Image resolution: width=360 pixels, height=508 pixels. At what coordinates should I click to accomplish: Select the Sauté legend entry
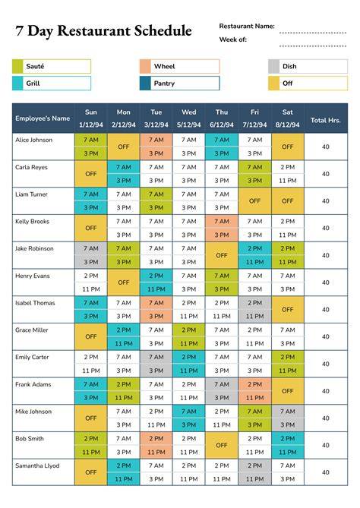pyautogui.click(x=52, y=66)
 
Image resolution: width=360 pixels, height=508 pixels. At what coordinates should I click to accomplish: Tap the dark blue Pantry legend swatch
pyautogui.click(x=145, y=84)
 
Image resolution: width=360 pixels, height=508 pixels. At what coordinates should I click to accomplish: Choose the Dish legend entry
pyautogui.click(x=308, y=66)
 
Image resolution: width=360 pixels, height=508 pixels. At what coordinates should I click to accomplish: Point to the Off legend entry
pyautogui.click(x=308, y=84)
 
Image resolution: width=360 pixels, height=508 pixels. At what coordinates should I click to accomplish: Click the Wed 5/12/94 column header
pyautogui.click(x=189, y=118)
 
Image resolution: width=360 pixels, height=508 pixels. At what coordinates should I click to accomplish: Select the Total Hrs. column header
pyautogui.click(x=326, y=120)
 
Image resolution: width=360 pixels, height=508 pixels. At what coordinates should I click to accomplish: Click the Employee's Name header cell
pyautogui.click(x=43, y=118)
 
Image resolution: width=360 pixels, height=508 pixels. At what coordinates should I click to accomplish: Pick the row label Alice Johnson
pyautogui.click(x=33, y=140)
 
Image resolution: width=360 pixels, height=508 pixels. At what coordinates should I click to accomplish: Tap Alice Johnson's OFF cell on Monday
pyautogui.click(x=124, y=147)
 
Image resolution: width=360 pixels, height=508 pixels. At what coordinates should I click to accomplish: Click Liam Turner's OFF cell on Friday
pyautogui.click(x=254, y=201)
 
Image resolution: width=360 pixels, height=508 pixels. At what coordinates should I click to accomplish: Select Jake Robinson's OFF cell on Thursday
pyautogui.click(x=222, y=255)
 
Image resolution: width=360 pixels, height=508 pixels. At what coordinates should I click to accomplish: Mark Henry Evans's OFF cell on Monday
pyautogui.click(x=124, y=282)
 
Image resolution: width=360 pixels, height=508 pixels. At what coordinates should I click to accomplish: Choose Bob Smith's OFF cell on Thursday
pyautogui.click(x=222, y=445)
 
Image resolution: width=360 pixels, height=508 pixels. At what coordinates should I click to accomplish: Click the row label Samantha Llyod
pyautogui.click(x=37, y=465)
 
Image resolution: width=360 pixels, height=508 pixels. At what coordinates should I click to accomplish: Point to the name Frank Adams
pyautogui.click(x=33, y=384)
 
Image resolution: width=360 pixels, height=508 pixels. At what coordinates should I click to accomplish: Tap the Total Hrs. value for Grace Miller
pyautogui.click(x=326, y=336)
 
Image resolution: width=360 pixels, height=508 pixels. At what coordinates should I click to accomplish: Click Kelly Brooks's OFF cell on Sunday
pyautogui.click(x=91, y=228)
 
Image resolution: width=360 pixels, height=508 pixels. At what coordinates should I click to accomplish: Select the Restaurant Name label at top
pyautogui.click(x=247, y=26)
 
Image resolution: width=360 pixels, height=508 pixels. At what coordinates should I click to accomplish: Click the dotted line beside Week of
pyautogui.click(x=313, y=46)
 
